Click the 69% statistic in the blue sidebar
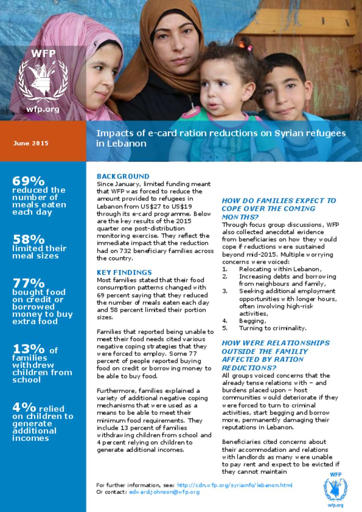click(x=28, y=181)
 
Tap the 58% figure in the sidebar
click(x=28, y=239)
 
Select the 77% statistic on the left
click(x=28, y=283)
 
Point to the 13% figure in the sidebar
click(x=28, y=349)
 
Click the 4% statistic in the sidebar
click(x=24, y=407)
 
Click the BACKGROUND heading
click(x=123, y=176)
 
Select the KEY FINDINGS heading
click(x=124, y=272)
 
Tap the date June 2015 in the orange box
click(x=31, y=143)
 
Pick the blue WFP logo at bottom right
click(x=335, y=489)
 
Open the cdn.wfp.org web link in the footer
click(x=234, y=485)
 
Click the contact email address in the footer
click(x=164, y=492)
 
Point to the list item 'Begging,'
click(x=252, y=321)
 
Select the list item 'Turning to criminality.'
click(x=272, y=328)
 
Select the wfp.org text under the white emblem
click(x=43, y=109)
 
